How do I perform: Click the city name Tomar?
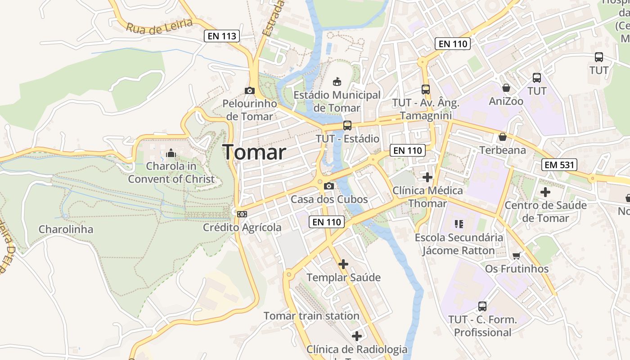point(254,152)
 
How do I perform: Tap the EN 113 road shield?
point(221,36)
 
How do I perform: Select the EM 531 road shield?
point(559,165)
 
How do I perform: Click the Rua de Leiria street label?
point(159,26)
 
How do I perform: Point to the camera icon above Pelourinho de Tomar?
point(250,90)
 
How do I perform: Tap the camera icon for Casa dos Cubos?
point(329,186)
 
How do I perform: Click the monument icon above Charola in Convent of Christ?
point(171,153)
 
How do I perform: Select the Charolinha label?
point(66,229)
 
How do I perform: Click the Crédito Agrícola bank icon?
point(242,214)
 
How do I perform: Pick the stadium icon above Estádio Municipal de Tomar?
point(337,81)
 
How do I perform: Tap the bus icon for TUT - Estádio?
point(347,126)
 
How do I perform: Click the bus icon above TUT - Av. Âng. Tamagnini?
point(426,89)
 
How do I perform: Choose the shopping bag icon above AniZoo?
point(506,88)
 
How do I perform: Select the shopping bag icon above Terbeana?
point(502,137)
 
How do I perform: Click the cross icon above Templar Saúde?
point(343,264)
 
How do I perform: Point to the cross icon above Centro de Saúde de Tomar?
point(545,192)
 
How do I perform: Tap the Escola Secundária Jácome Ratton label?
point(459,244)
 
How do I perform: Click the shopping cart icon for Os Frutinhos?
point(517,256)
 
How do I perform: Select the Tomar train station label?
point(311,316)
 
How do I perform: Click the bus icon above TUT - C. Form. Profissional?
point(482,306)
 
